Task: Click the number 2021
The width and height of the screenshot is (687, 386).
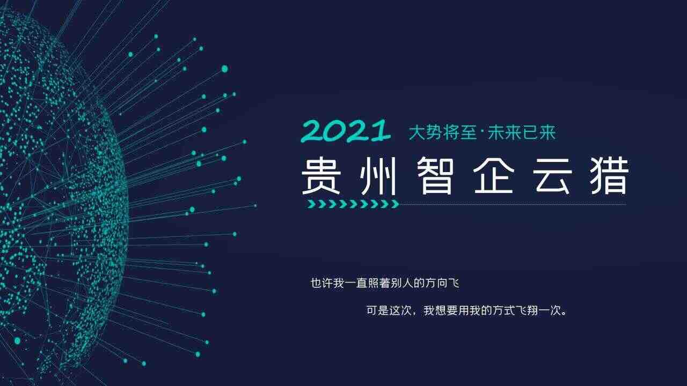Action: point(346,131)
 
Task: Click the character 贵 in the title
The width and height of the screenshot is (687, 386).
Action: point(321,176)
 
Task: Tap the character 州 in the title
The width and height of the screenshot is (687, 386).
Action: point(379,176)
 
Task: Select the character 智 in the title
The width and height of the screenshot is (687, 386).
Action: point(436,176)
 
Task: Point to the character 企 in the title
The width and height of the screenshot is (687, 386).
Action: point(493,176)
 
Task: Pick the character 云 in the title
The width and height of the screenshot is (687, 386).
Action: point(551,176)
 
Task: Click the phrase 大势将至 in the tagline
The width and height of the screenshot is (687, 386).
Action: point(443,132)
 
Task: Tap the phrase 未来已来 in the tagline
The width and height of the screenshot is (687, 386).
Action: point(522,132)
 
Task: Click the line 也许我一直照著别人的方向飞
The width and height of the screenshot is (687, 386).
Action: point(385,283)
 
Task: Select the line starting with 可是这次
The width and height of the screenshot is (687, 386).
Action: point(466,310)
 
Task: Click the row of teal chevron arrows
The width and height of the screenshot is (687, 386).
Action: point(354,204)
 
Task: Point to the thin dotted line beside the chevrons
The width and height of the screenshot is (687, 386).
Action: point(513,203)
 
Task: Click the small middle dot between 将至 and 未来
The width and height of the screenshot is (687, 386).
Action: point(482,132)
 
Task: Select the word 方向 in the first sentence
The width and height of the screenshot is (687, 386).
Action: point(436,283)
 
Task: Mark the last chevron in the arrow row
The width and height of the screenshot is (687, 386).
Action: point(396,204)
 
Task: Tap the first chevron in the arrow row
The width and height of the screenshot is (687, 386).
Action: point(312,204)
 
